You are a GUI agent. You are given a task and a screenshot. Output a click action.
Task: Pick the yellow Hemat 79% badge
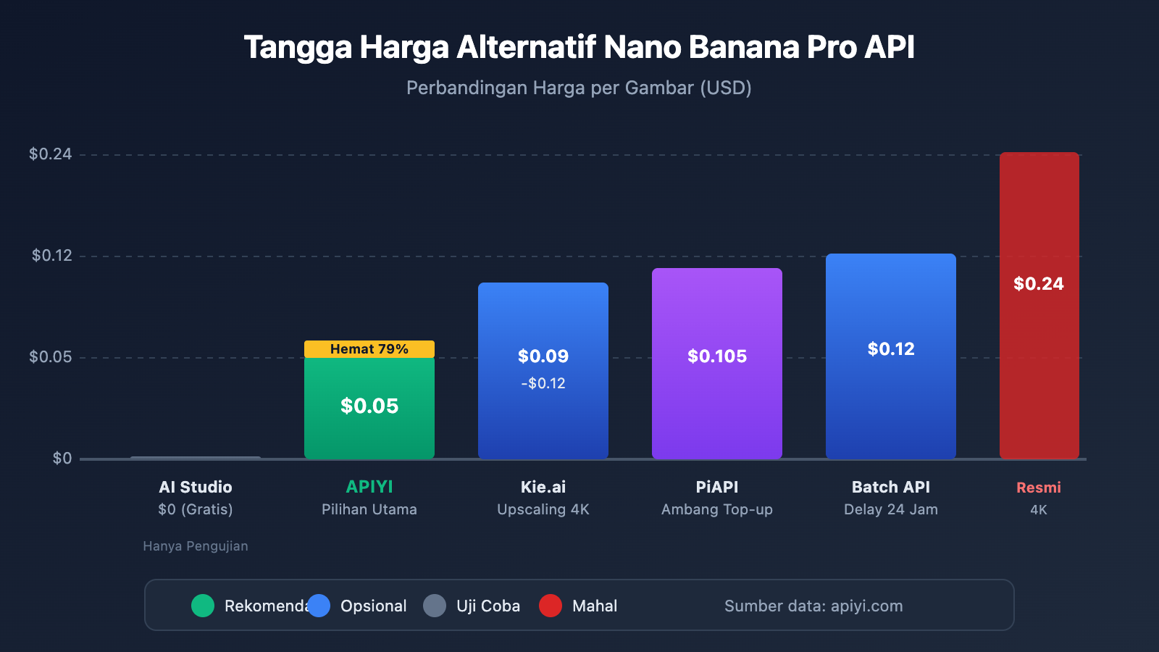point(369,349)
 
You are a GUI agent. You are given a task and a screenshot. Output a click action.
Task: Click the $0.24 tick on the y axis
point(50,154)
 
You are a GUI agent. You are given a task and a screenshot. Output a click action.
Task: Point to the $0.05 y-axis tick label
point(50,357)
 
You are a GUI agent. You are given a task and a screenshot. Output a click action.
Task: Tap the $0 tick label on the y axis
point(62,459)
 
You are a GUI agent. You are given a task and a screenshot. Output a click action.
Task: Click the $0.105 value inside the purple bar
point(717,356)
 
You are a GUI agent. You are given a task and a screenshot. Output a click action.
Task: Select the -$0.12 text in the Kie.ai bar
point(543,383)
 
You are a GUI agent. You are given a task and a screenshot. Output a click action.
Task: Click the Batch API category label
point(891,488)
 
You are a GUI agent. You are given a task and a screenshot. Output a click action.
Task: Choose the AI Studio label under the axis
point(196,488)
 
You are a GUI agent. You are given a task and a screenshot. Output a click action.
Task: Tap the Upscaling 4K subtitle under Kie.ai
point(543,509)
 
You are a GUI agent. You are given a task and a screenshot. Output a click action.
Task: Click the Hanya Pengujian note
point(196,546)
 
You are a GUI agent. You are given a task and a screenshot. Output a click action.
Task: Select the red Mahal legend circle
point(551,606)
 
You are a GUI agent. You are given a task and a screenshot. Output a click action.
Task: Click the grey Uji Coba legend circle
point(435,606)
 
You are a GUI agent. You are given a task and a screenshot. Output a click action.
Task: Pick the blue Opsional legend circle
point(319,606)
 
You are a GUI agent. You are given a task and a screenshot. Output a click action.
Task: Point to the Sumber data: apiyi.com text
point(813,606)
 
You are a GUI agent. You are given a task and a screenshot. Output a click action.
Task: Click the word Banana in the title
point(743,47)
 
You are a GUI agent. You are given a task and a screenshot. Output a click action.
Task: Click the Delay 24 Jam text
point(891,509)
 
